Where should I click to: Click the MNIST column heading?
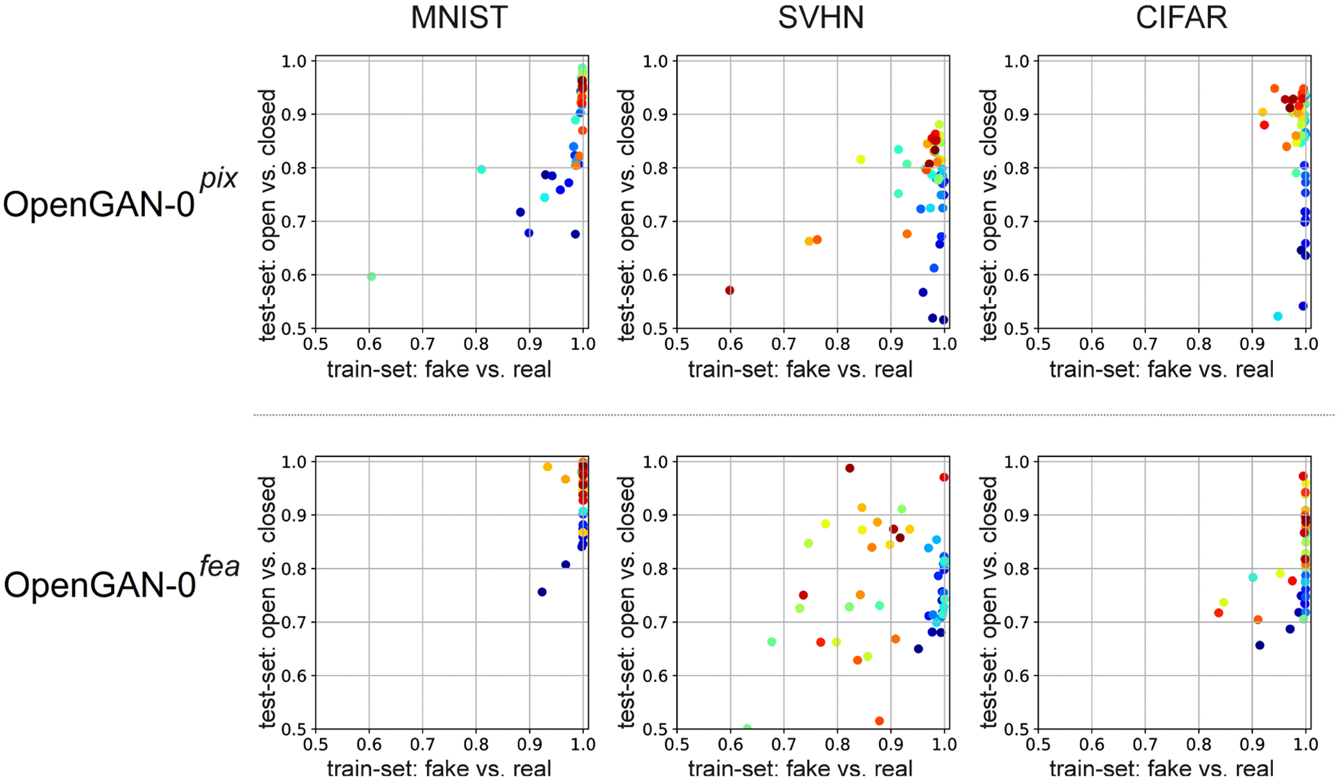tap(459, 17)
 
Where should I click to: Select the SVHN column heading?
tap(820, 17)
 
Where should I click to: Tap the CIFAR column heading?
tap(1181, 17)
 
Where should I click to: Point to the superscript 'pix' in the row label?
tap(219, 178)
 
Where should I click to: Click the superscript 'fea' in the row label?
tap(219, 566)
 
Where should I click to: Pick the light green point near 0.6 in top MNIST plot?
tap(371, 277)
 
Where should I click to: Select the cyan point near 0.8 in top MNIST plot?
tap(481, 170)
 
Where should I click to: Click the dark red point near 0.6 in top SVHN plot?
tap(729, 290)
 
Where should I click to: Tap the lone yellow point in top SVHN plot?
tap(861, 160)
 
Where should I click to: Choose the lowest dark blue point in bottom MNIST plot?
tap(542, 592)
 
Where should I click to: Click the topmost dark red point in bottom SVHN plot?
tap(850, 469)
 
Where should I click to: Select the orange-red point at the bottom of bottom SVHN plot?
tap(879, 721)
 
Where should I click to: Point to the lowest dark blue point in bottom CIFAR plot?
tap(1260, 645)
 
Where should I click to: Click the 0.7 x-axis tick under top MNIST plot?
tap(422, 345)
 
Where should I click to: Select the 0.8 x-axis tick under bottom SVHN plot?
tap(837, 745)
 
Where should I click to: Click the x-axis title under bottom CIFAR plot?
tap(1161, 768)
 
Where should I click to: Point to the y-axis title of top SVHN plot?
tap(627, 215)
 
